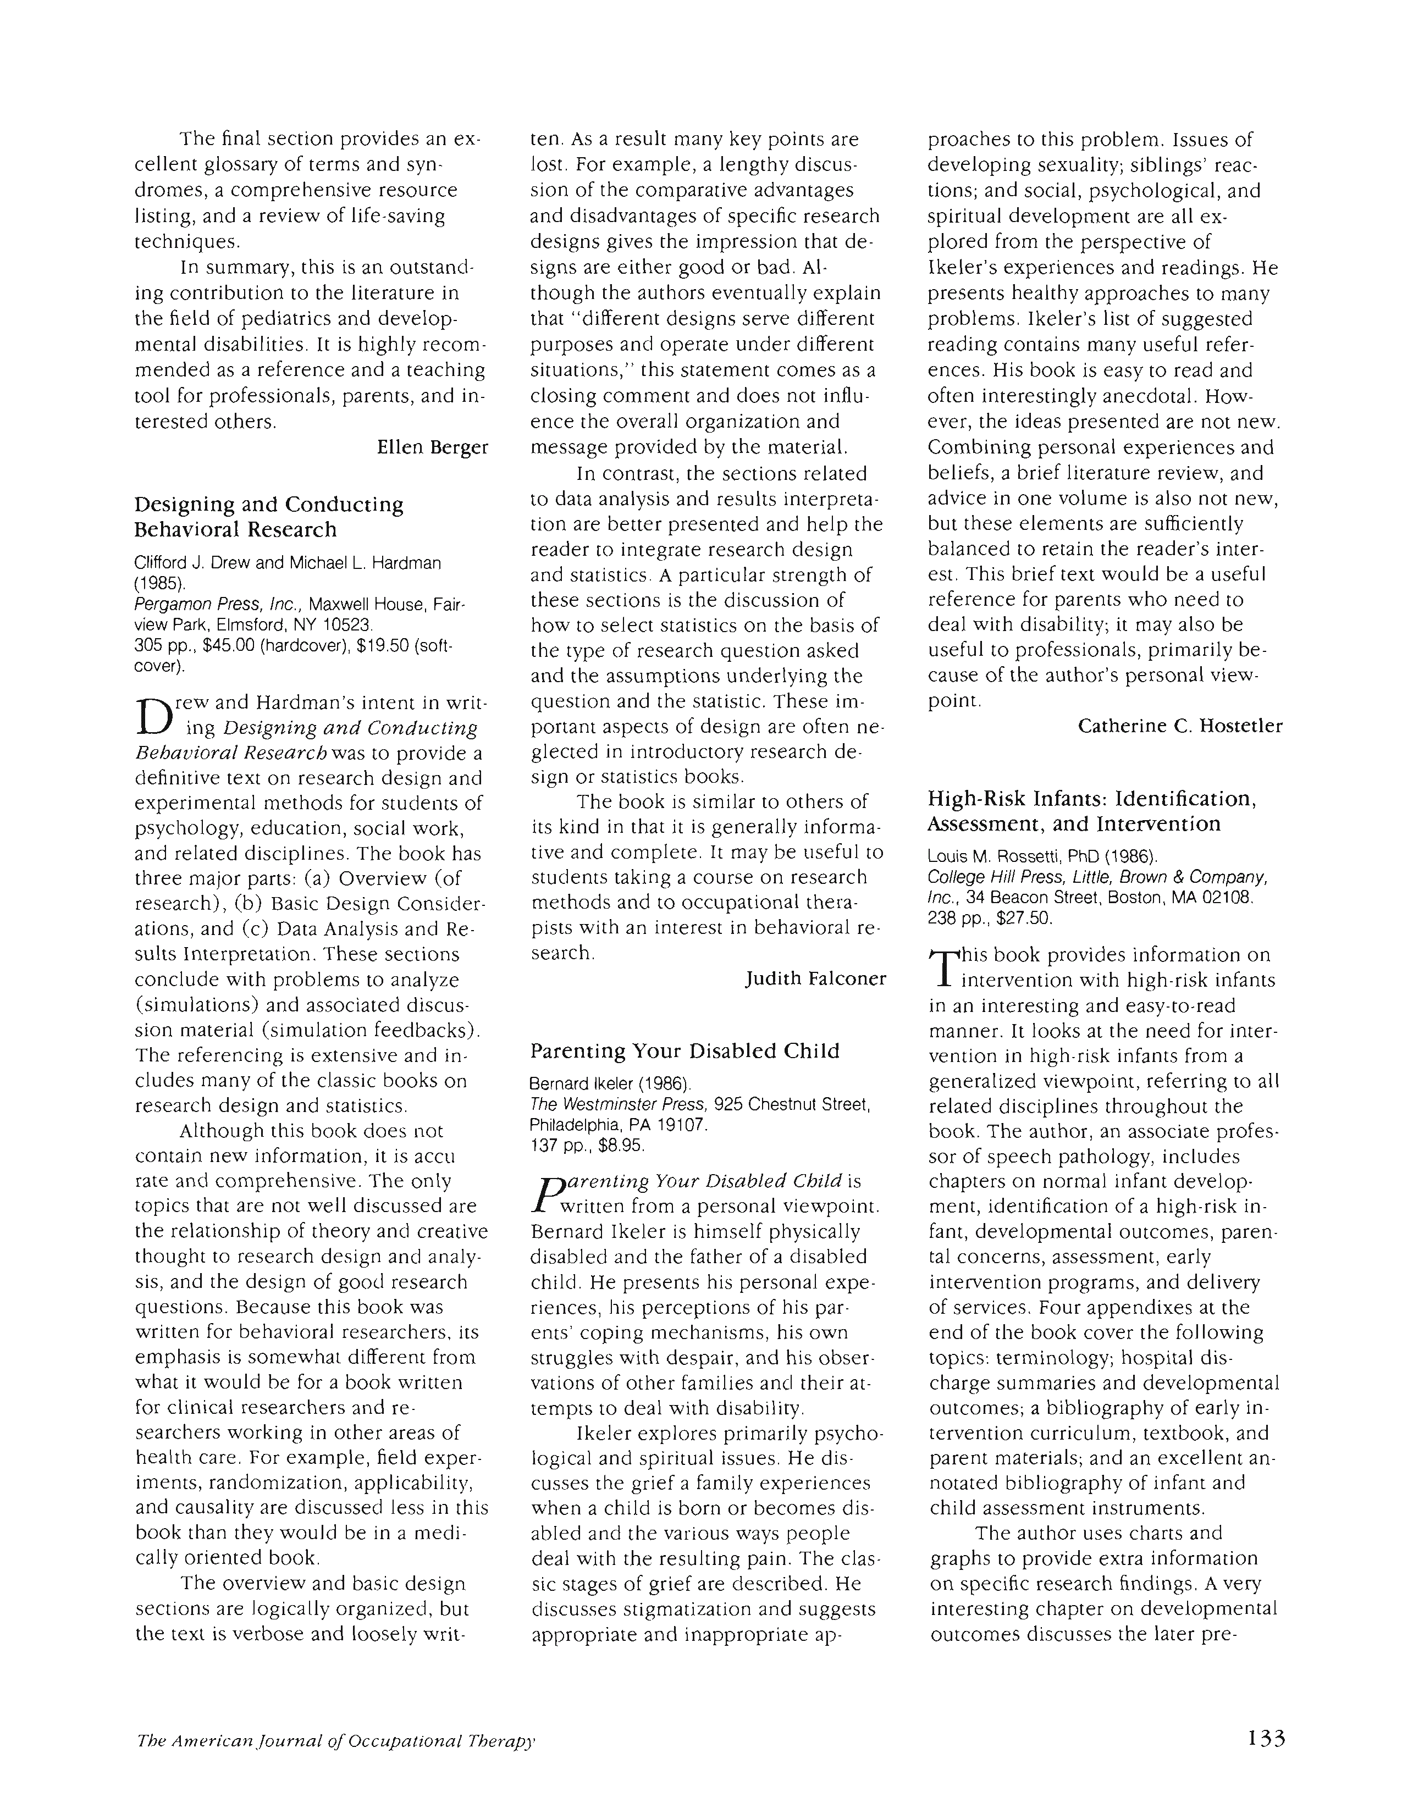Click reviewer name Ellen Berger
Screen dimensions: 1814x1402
coord(432,447)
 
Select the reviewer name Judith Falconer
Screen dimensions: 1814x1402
coord(815,978)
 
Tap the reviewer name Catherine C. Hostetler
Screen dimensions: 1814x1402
coord(1179,726)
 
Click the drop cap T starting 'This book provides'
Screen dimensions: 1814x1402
coord(943,969)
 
